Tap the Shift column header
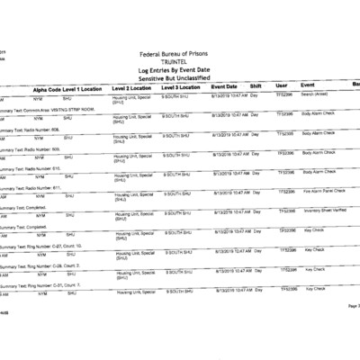(256, 85)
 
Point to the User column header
(281, 85)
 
